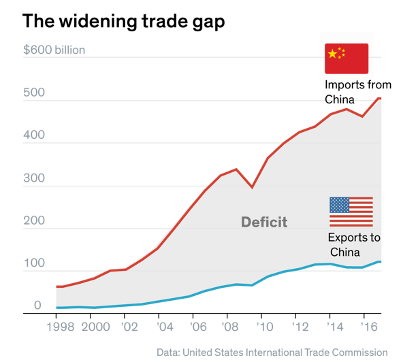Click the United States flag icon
351,212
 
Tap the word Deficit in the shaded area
264,222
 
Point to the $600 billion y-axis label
54,50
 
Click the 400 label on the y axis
34,135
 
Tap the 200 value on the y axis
34,221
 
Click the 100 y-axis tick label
33,263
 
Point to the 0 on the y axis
38,306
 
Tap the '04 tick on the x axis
164,327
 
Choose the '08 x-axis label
231,327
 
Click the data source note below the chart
272,353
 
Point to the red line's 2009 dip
253,186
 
